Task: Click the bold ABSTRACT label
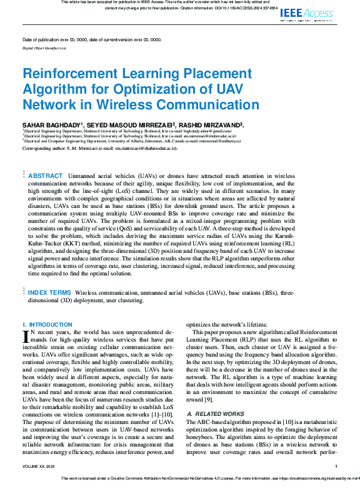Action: (x=45, y=177)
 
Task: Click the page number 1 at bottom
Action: (x=336, y=466)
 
